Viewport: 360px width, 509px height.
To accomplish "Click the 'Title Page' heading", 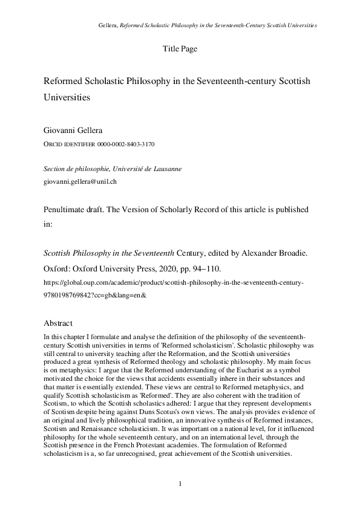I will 180,48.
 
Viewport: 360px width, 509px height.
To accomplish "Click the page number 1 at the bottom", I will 180,484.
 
